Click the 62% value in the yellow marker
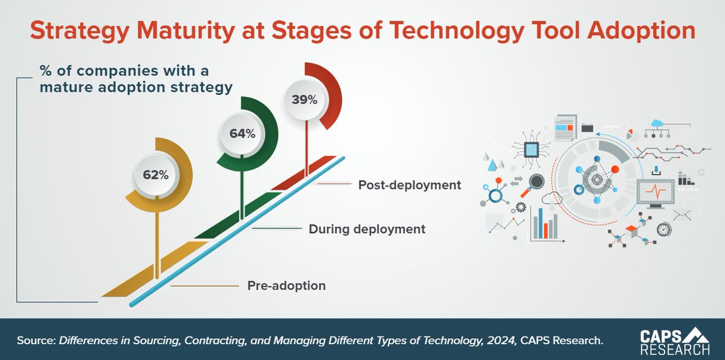[x=156, y=176]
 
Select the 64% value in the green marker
[x=242, y=133]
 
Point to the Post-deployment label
[x=410, y=184]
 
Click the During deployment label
[x=367, y=230]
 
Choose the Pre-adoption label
[x=286, y=286]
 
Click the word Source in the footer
[x=34, y=340]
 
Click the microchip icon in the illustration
[x=531, y=149]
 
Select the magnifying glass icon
[x=535, y=181]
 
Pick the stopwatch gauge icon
[x=664, y=230]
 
